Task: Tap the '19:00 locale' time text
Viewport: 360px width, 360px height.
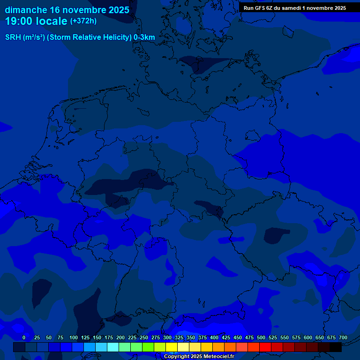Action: click(x=36, y=21)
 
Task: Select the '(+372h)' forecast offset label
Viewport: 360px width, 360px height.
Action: click(x=83, y=21)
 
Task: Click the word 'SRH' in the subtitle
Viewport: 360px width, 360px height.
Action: click(x=13, y=37)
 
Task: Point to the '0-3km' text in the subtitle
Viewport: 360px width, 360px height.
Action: click(x=144, y=37)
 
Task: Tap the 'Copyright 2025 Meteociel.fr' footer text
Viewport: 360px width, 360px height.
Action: click(x=199, y=356)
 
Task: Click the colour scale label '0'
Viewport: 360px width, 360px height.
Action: click(x=24, y=337)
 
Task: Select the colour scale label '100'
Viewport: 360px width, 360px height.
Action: click(x=74, y=337)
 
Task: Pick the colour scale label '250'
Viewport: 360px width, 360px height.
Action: click(x=144, y=337)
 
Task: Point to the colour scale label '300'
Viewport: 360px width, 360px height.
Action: click(x=167, y=337)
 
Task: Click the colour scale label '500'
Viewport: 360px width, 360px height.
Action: click(x=261, y=337)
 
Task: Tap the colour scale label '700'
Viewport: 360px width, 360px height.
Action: click(x=343, y=337)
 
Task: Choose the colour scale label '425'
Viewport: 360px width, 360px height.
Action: click(x=226, y=337)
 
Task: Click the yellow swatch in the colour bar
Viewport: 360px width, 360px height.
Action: click(x=172, y=347)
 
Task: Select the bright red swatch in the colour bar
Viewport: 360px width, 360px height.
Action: click(x=265, y=347)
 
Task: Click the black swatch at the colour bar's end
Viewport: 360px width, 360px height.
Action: click(x=336, y=347)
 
